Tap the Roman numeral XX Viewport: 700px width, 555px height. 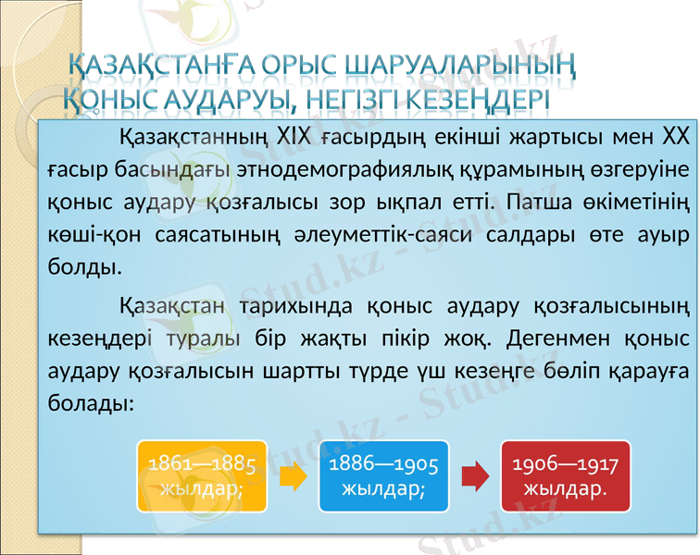673,140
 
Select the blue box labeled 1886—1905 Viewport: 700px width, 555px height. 383,475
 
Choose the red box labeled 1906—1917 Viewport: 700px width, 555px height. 564,475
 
